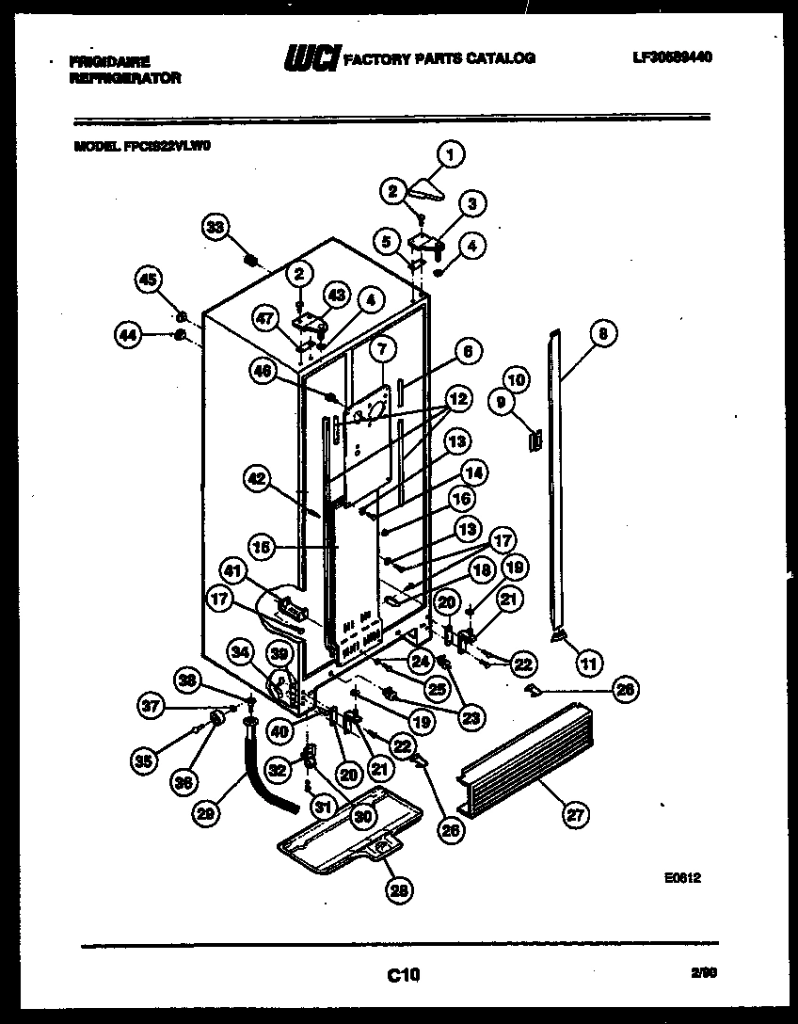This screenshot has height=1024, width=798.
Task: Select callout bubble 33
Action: pos(216,228)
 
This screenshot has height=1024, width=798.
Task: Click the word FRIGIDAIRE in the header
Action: pos(110,61)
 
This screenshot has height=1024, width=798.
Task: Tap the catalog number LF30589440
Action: pos(672,57)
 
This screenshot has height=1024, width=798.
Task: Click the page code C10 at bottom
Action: pos(404,976)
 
